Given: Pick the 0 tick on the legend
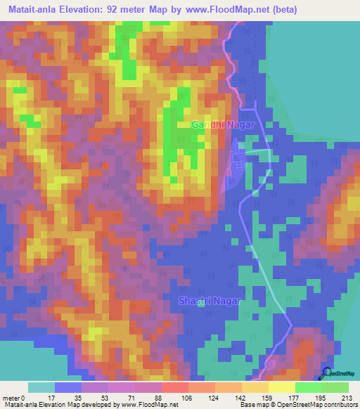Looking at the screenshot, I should pos(25,397).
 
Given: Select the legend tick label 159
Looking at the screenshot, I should pos(245,397).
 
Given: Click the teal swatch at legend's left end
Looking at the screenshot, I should pos(41,387).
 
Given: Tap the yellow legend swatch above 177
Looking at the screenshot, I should pos(282,387).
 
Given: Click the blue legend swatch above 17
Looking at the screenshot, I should pos(68,387).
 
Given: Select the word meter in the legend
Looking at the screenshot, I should pos(12,397).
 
